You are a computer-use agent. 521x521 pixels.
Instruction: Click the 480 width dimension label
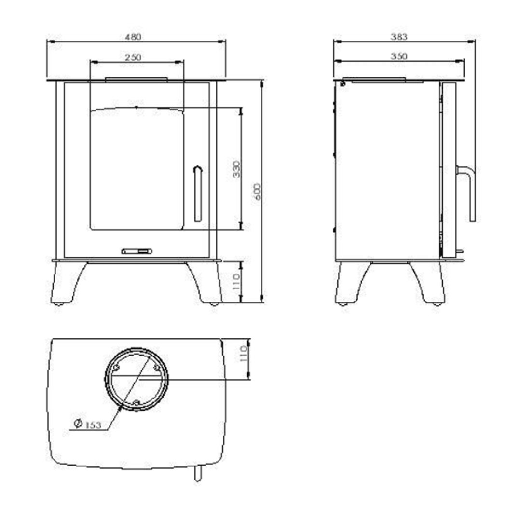[x=134, y=37]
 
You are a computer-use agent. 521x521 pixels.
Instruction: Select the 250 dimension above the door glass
[x=133, y=57]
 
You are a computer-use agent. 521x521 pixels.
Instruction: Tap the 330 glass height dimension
[x=237, y=168]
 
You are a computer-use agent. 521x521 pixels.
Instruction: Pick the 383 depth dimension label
[x=399, y=37]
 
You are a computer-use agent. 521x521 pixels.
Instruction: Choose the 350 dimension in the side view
[x=399, y=56]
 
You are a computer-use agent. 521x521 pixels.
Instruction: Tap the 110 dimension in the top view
[x=244, y=353]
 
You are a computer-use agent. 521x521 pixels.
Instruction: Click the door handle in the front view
[x=198, y=193]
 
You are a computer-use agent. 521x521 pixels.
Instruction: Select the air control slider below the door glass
[x=137, y=251]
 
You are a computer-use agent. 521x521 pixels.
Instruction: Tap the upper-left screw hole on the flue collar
[x=116, y=368]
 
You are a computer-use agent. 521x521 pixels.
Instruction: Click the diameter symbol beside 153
[x=77, y=424]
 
